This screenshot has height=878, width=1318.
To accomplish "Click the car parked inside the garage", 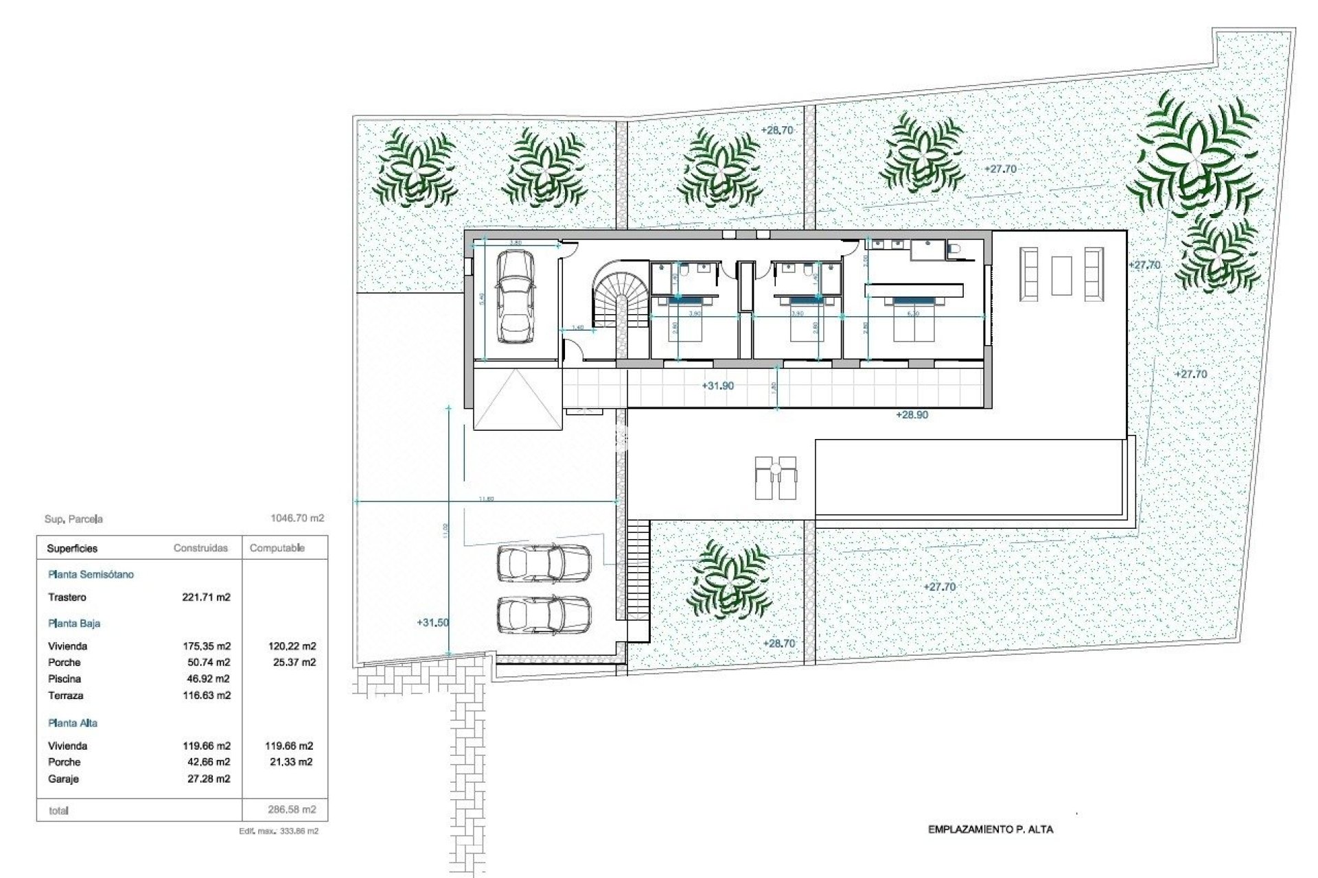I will tap(515, 296).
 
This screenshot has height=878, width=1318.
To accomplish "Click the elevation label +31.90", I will tap(717, 386).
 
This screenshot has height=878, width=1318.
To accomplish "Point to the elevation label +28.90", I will tap(912, 415).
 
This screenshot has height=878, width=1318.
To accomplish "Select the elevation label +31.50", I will tap(432, 623).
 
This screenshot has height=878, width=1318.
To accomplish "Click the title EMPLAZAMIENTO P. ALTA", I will tap(990, 829).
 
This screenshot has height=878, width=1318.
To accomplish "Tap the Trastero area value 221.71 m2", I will tap(206, 597).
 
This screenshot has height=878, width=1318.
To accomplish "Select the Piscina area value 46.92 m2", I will tap(206, 679).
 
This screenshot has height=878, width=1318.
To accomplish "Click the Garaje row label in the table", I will tap(63, 779).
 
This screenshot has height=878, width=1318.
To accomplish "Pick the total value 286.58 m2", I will tap(292, 810).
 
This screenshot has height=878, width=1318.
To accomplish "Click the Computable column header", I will tap(277, 548).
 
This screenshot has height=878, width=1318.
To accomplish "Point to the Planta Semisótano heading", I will tap(91, 575).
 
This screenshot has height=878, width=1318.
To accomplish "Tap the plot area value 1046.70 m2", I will tap(297, 519).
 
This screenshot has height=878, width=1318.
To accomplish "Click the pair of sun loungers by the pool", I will tap(776, 477).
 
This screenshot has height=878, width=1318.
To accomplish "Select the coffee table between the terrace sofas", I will tap(1061, 275).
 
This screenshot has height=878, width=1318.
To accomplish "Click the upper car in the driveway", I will tap(543, 563).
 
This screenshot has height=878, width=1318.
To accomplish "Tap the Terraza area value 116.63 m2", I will tap(206, 696).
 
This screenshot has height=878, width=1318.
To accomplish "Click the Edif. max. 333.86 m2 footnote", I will tap(279, 831).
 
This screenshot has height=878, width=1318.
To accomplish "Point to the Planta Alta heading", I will tap(73, 723).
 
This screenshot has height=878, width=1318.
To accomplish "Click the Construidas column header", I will tap(200, 548).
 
